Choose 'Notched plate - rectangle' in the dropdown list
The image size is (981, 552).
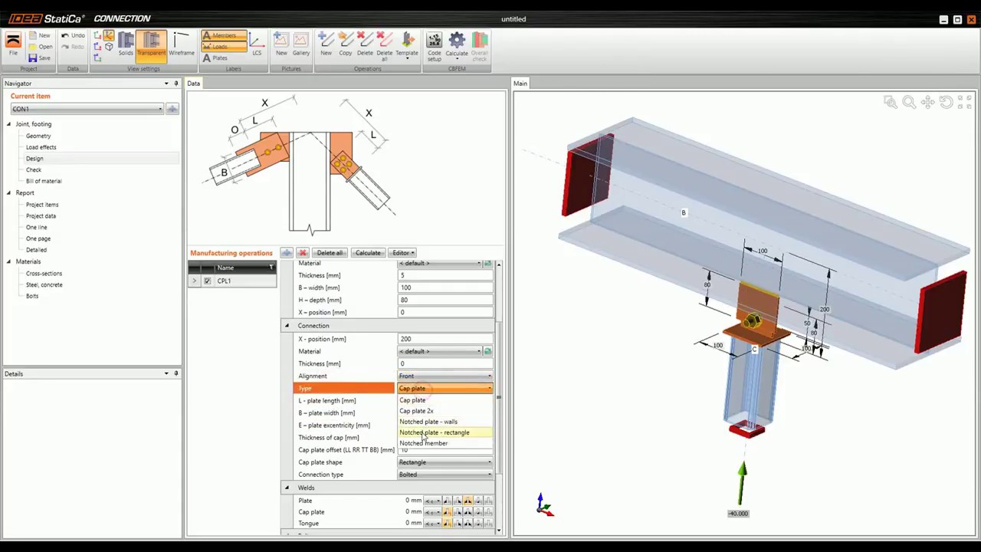click(434, 432)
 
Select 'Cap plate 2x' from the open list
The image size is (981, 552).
click(416, 411)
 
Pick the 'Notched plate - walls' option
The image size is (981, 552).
click(428, 422)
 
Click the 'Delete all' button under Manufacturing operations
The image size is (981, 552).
click(330, 253)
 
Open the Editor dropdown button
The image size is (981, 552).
click(402, 253)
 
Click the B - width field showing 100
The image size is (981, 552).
click(445, 287)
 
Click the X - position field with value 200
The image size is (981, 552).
click(445, 339)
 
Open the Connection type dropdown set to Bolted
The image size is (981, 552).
click(445, 475)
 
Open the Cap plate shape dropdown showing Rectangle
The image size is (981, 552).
click(445, 462)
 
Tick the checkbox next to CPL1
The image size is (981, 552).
click(207, 281)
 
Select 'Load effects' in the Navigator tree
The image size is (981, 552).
click(41, 147)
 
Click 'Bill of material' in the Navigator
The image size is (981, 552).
click(44, 181)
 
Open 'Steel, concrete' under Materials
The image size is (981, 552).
click(44, 284)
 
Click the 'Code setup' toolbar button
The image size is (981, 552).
click(435, 46)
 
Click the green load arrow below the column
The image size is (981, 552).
click(742, 479)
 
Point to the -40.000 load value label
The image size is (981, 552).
click(738, 514)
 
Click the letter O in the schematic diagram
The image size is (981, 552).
click(235, 130)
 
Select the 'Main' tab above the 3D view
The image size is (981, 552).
click(520, 84)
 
